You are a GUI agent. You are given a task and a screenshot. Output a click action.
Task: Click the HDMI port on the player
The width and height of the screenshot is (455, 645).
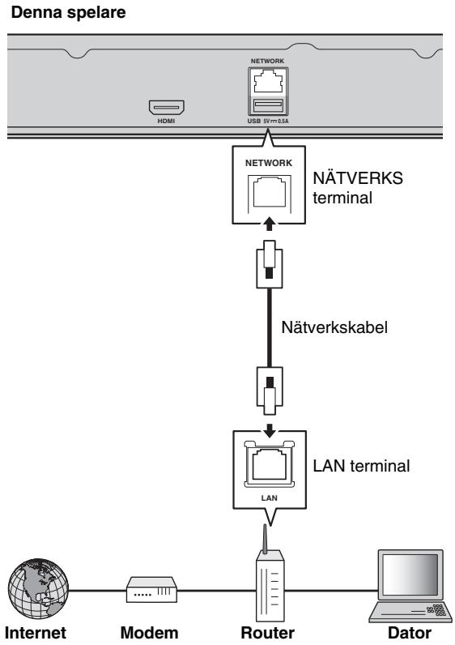pyautogui.click(x=164, y=105)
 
